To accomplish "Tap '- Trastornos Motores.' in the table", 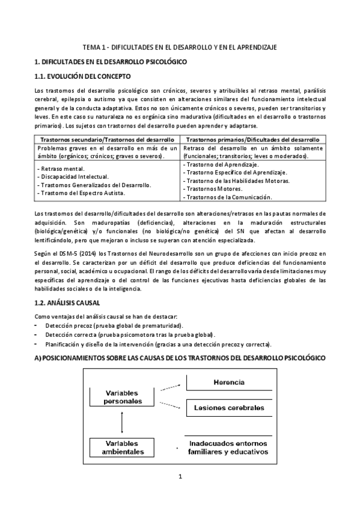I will pyautogui.click(x=213, y=189).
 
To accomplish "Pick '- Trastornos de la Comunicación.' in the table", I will pyautogui.click(x=228, y=197).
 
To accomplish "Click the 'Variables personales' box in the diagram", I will pyautogui.click(x=122, y=396).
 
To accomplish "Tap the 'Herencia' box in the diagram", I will pyautogui.click(x=228, y=382).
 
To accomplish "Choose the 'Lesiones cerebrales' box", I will pyautogui.click(x=228, y=408).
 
